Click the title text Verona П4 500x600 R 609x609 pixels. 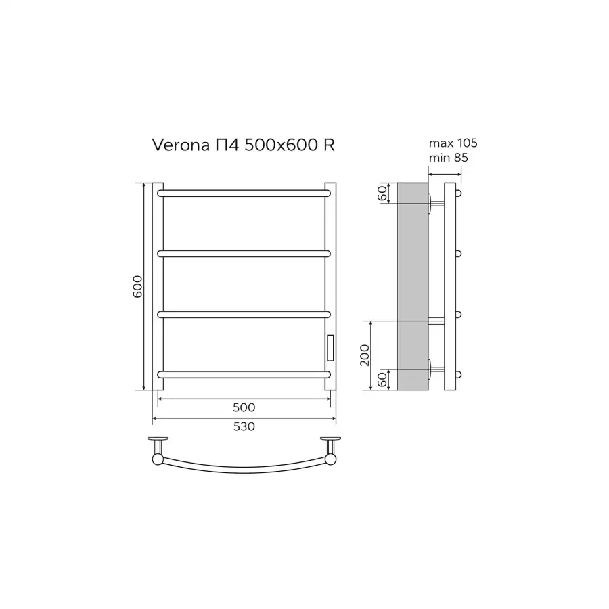tap(243, 145)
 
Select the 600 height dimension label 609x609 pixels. tap(137, 287)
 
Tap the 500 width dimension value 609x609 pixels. tap(244, 407)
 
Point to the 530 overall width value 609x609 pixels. tap(244, 426)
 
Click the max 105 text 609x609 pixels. tap(453, 143)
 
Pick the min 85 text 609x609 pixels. tap(448, 158)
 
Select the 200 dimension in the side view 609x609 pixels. tap(365, 355)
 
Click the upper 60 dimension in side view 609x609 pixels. tap(382, 193)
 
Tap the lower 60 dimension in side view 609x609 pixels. tap(382, 380)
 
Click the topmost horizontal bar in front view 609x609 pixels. tap(244, 194)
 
